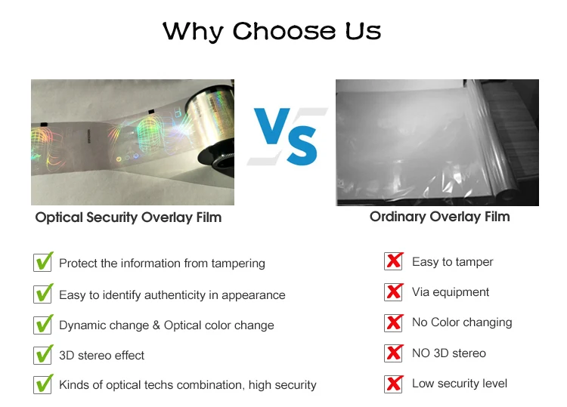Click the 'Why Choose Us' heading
pyautogui.click(x=271, y=32)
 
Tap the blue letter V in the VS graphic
pyautogui.click(x=272, y=126)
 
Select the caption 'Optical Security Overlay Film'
pyautogui.click(x=129, y=217)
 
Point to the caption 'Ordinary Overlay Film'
pyautogui.click(x=440, y=217)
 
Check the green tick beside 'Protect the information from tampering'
pyautogui.click(x=44, y=262)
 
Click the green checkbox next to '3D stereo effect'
pyautogui.click(x=44, y=354)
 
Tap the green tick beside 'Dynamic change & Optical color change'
pyautogui.click(x=44, y=324)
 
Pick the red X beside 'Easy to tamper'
pyautogui.click(x=394, y=261)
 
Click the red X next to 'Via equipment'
pyautogui.click(x=394, y=291)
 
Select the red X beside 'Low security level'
pyautogui.click(x=394, y=384)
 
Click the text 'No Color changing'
pyautogui.click(x=462, y=322)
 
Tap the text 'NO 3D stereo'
pyautogui.click(x=449, y=353)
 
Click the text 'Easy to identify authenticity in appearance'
pyautogui.click(x=172, y=295)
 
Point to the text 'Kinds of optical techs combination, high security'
pyautogui.click(x=187, y=385)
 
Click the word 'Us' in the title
pyautogui.click(x=363, y=31)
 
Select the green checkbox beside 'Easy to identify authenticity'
pyautogui.click(x=44, y=294)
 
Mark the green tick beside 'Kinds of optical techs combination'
pyautogui.click(x=44, y=384)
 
